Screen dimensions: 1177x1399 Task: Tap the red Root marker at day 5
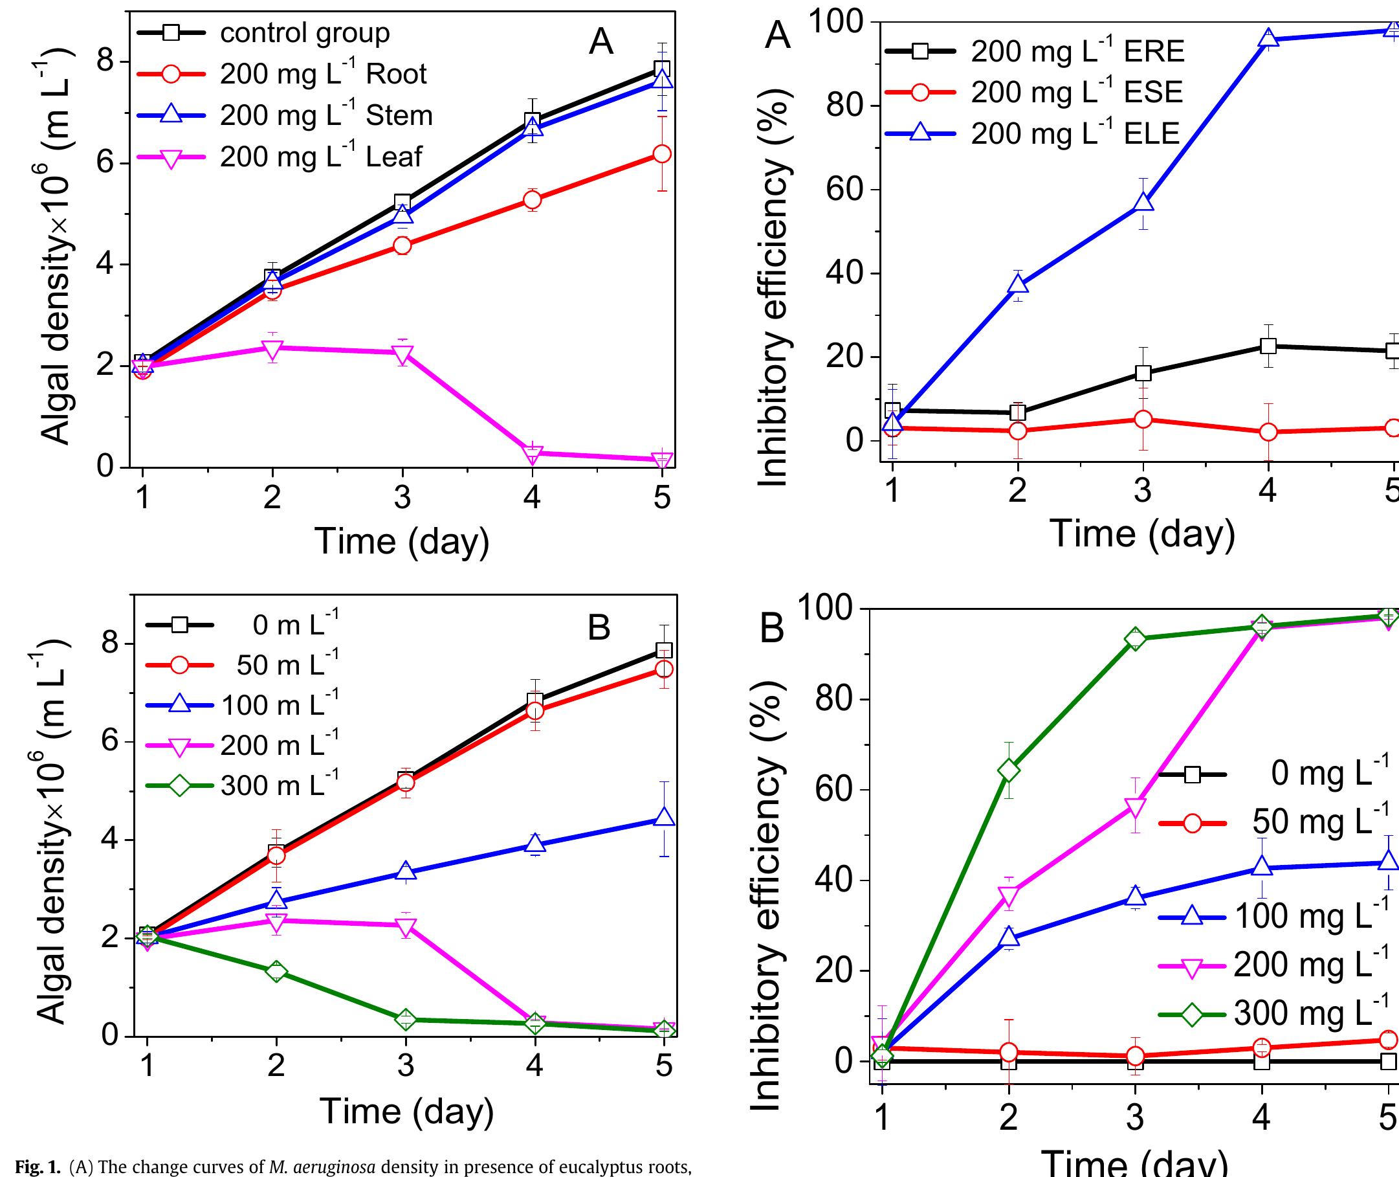pyautogui.click(x=661, y=153)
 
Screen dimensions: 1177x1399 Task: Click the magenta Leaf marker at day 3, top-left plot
pyautogui.click(x=402, y=353)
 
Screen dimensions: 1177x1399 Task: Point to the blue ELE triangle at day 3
pyautogui.click(x=1143, y=203)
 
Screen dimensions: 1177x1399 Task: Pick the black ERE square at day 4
pyautogui.click(x=1268, y=346)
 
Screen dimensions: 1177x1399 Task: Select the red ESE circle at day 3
pyautogui.click(x=1143, y=419)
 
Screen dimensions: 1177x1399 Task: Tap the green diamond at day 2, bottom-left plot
pyautogui.click(x=276, y=971)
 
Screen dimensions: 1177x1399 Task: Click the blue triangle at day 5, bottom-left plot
pyautogui.click(x=664, y=818)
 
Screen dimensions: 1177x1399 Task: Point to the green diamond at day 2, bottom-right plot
pyautogui.click(x=1009, y=770)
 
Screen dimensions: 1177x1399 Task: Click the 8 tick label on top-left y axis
pyautogui.click(x=105, y=62)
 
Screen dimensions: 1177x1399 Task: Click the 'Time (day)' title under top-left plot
pyautogui.click(x=402, y=541)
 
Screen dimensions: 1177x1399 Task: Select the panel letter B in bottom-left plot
pyautogui.click(x=599, y=627)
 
